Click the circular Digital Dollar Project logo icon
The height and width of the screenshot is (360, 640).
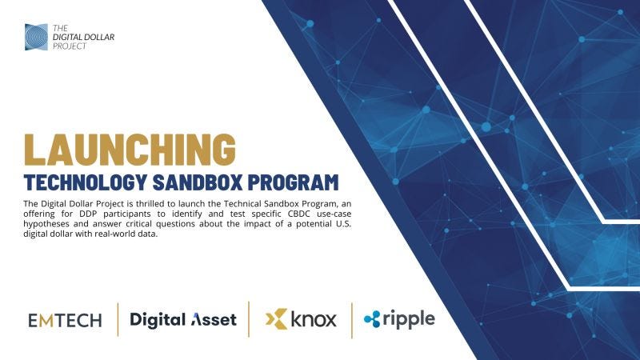point(36,37)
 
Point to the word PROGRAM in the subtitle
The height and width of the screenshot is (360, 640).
point(303,181)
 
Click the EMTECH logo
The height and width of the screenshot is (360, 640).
point(65,321)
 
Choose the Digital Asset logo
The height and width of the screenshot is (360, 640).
point(183,320)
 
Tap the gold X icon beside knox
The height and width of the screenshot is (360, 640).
point(276,320)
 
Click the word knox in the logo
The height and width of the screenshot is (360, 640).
point(313,320)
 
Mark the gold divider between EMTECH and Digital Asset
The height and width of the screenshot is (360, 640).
point(118,320)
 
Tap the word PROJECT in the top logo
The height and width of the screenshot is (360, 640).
point(68,46)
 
